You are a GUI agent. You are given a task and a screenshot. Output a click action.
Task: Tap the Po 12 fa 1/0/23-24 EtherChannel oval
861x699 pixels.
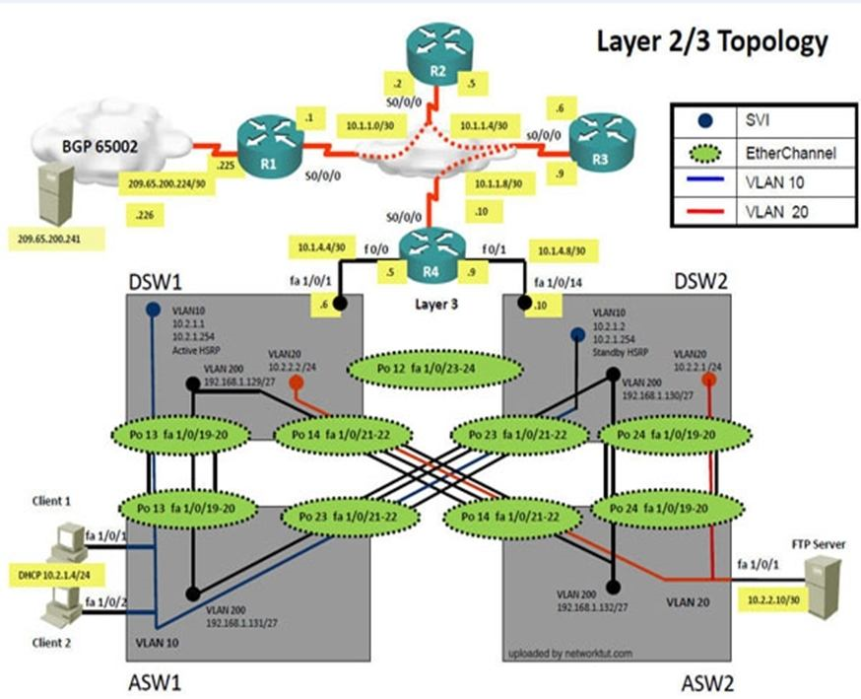434,371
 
